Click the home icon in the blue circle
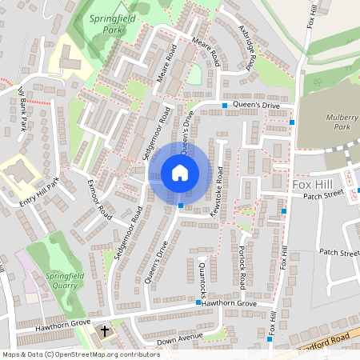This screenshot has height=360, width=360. (x=180, y=172)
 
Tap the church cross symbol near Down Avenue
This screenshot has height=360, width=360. (x=103, y=330)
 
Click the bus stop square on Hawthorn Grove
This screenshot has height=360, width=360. (x=198, y=302)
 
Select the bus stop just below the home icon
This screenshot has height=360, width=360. (x=181, y=206)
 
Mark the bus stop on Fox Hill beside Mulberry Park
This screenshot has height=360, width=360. (x=292, y=122)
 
